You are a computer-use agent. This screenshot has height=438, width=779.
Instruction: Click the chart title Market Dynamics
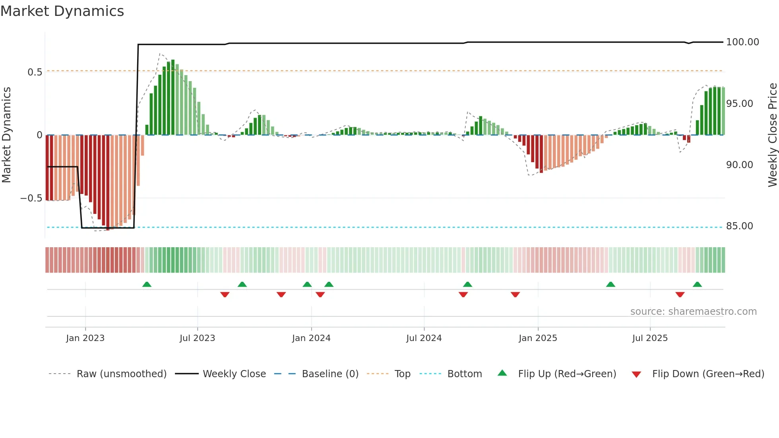click(62, 11)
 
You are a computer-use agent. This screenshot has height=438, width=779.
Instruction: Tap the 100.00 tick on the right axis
click(742, 42)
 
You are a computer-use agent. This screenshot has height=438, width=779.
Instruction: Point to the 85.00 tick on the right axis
click(739, 226)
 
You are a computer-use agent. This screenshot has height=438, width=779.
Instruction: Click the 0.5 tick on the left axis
click(35, 72)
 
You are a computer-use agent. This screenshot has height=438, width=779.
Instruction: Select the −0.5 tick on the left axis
click(31, 198)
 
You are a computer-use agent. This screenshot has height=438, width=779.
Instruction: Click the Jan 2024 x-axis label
click(311, 338)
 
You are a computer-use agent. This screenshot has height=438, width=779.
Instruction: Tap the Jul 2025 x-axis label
click(650, 338)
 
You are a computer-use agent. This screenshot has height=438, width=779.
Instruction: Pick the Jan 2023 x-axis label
click(85, 338)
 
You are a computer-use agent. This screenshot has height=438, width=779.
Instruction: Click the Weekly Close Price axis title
click(772, 135)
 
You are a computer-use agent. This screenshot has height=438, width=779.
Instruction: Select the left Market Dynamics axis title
click(6, 135)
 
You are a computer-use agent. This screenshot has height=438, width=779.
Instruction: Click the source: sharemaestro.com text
click(693, 312)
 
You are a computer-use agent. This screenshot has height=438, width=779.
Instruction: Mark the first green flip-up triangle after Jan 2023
click(147, 285)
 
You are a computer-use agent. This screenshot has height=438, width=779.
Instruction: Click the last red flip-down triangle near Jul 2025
click(680, 295)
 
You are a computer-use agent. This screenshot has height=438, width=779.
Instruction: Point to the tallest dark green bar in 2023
click(173, 97)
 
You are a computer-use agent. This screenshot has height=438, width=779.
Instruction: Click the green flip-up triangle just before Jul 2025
click(610, 285)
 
